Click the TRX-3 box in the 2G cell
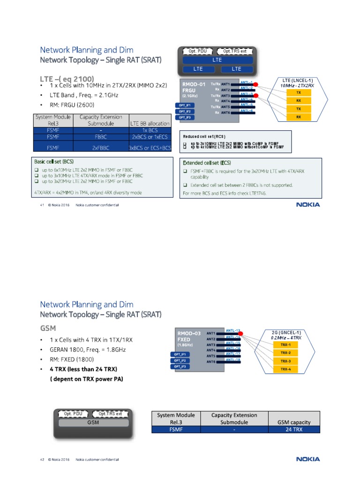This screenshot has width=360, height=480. pos(285,361)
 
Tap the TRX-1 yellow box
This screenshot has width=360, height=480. pos(285,344)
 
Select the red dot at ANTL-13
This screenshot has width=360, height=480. pos(240,333)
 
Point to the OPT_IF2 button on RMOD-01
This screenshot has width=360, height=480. pos(183,111)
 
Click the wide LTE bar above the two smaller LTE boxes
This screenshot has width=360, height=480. pos(217,60)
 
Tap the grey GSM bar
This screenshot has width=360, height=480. pos(93,422)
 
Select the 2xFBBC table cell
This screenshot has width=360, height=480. pos(101,148)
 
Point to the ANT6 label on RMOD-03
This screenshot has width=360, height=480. pos(211,361)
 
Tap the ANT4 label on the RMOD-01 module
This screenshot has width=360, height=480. pos(225,101)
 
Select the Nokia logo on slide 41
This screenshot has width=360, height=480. pos(308,204)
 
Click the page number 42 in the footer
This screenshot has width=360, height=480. pos(42,459)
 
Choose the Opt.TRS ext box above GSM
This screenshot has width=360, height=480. pos(110,414)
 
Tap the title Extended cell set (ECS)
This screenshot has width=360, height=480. pos(206,163)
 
